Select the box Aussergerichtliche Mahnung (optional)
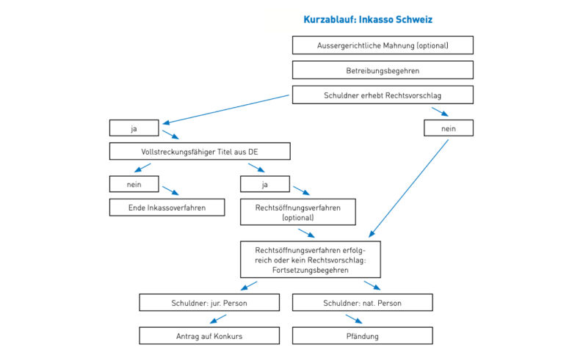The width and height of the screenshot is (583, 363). pos(383,45)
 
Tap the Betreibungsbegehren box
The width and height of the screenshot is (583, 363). pos(383,70)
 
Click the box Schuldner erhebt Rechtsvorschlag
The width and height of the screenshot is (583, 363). pos(383,95)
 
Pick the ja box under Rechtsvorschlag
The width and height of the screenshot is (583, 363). pos(134,128)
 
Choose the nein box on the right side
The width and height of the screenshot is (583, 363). pos(448,128)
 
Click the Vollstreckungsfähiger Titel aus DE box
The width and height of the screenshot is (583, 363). pos(200,152)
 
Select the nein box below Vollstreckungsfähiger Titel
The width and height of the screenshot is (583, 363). pos(134,183)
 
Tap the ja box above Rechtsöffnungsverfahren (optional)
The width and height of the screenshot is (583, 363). pos(265,183)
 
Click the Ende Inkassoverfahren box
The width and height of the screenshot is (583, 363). pos(167,208)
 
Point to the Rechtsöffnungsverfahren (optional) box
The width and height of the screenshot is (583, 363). pos(298,213)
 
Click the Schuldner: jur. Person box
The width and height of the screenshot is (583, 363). pos(210,302)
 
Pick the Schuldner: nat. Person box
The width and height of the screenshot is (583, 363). pos(362,302)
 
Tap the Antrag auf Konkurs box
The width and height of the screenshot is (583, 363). pos(210,336)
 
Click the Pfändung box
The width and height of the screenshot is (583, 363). pos(362,336)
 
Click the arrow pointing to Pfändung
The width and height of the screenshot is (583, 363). pos(354,319)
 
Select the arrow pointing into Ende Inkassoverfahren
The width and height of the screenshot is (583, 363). pos(170,191)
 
